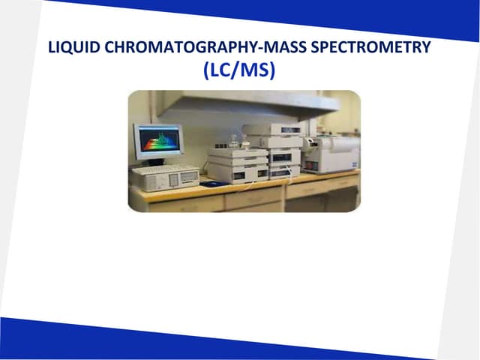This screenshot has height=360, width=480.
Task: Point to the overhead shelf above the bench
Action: [247, 103]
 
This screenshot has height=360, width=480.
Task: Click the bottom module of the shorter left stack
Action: [237, 173]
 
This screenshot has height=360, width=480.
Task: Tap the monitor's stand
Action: [156, 161]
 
